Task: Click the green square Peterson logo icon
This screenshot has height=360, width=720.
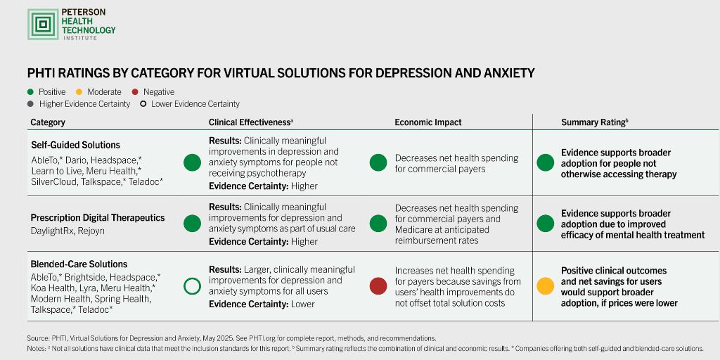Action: click(x=43, y=25)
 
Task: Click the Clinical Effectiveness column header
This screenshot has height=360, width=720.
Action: click(x=250, y=122)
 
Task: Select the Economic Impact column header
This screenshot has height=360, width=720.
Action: click(x=427, y=122)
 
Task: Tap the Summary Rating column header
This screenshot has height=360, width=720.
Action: click(x=594, y=122)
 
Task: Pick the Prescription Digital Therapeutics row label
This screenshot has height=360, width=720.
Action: click(x=97, y=218)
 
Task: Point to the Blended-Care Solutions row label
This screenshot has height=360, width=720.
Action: click(x=79, y=264)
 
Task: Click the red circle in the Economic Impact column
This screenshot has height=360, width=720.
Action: click(x=378, y=286)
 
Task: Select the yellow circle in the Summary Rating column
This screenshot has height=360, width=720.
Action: click(x=545, y=286)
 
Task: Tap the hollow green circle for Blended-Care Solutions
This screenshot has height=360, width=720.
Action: click(x=192, y=286)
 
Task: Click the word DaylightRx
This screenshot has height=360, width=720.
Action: click(x=52, y=231)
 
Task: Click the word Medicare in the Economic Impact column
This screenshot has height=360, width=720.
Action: click(x=414, y=230)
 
